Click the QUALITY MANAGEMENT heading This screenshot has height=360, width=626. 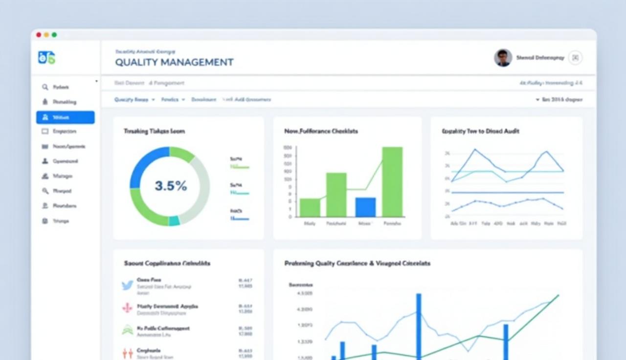(x=174, y=62)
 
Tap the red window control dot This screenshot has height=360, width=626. (x=39, y=35)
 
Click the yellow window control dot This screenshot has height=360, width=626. (x=46, y=35)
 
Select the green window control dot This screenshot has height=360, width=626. (x=54, y=35)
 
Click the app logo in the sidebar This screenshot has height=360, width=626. (x=46, y=58)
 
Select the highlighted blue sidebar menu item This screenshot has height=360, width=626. (x=65, y=117)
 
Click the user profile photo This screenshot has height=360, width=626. (x=503, y=58)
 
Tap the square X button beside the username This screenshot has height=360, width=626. (x=575, y=58)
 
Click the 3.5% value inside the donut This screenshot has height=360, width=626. (x=171, y=186)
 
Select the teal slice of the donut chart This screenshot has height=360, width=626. (x=174, y=221)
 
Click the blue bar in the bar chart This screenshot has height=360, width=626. (x=365, y=207)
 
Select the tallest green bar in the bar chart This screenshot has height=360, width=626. (x=392, y=181)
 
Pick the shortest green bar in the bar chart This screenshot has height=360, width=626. (x=310, y=207)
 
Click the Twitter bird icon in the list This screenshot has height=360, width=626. (x=128, y=285)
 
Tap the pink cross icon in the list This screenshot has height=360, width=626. (x=127, y=308)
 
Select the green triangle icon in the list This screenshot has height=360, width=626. (x=127, y=330)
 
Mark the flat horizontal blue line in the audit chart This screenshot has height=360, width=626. (x=507, y=192)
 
